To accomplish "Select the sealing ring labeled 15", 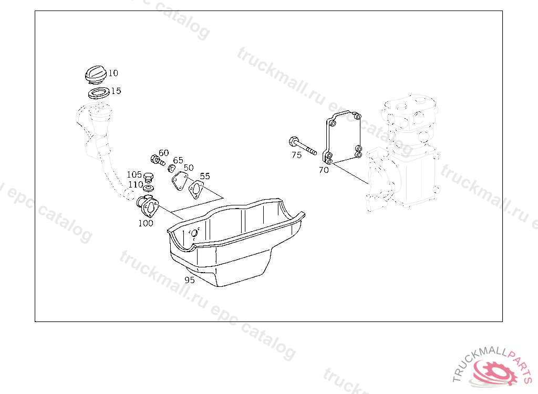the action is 99,92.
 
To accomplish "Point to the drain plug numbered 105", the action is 148,178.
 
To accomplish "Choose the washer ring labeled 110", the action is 148,188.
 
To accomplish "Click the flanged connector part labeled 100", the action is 148,205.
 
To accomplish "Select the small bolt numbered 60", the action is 158,160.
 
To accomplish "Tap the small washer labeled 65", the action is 172,168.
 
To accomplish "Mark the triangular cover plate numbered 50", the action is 180,181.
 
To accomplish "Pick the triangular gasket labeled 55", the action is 196,189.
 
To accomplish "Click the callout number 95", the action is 189,280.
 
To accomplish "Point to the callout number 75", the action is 296,155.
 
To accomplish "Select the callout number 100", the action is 146,223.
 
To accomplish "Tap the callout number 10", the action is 113,73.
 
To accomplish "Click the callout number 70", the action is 324,170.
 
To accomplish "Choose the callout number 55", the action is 205,176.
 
